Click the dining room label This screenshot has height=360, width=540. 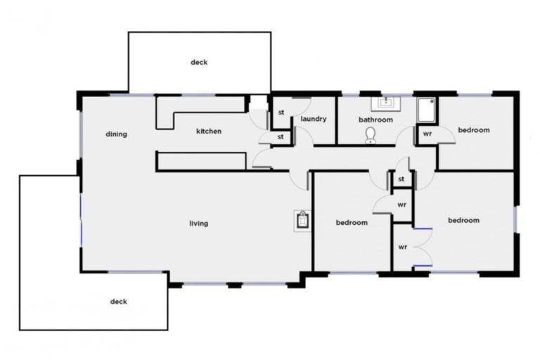point(116,134)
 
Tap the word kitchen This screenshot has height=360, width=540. point(209,131)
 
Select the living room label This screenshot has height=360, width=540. point(199,224)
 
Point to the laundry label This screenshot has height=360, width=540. point(314,119)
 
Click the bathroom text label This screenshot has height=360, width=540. point(375,120)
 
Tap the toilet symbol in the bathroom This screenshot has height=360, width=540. point(371,135)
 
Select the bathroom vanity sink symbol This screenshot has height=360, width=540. point(385,103)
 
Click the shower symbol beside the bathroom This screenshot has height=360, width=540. point(425,110)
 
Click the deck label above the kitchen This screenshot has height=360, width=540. point(199,63)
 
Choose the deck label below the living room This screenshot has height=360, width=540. point(119,302)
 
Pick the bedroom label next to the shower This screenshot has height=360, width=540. point(473,130)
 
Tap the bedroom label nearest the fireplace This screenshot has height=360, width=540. point(352,223)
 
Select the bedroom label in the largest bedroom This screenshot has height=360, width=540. point(464,220)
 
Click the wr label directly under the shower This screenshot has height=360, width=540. point(427,133)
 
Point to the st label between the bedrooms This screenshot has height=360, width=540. point(401,180)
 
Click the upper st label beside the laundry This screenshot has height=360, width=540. point(281,112)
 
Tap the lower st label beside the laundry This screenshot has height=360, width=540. point(281,136)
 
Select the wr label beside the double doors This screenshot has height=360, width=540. point(403,247)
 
